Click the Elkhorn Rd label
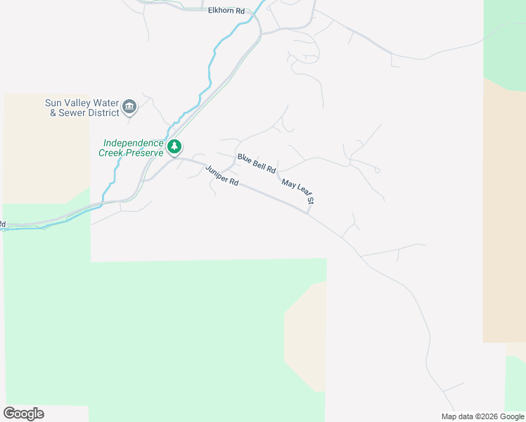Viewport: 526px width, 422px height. (x=226, y=11)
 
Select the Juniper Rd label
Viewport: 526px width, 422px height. (x=222, y=175)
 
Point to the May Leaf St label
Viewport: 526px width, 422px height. (x=297, y=192)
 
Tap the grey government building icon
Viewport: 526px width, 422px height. (x=129, y=107)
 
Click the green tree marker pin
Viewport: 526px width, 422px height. (x=174, y=148)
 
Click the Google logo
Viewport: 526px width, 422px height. (x=23, y=414)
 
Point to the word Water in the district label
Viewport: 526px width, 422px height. (x=103, y=102)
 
